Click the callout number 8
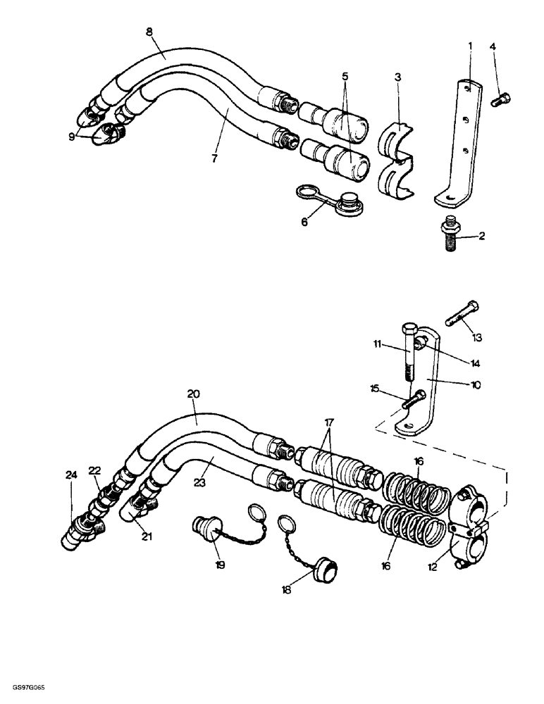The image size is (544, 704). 149,32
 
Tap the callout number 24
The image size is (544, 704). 71,474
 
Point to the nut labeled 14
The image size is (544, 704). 422,342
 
